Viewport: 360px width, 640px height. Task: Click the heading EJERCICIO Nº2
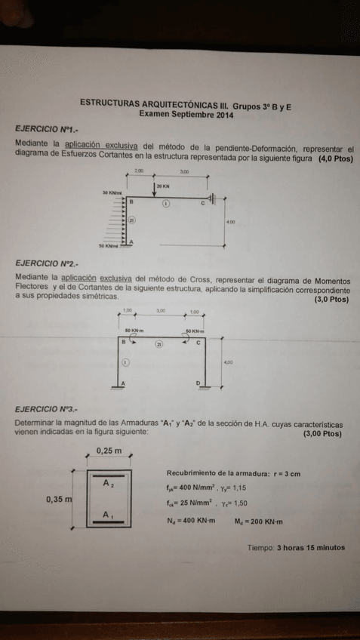click(x=45, y=264)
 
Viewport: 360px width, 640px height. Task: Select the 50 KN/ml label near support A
click(x=109, y=246)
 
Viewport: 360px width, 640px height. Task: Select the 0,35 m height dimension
click(x=59, y=499)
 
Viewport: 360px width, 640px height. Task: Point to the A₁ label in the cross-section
click(x=109, y=515)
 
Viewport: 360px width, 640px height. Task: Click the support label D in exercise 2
click(x=198, y=383)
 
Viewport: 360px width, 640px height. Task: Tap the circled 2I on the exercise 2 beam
click(x=159, y=343)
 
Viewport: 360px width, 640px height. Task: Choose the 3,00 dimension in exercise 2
click(x=160, y=311)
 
